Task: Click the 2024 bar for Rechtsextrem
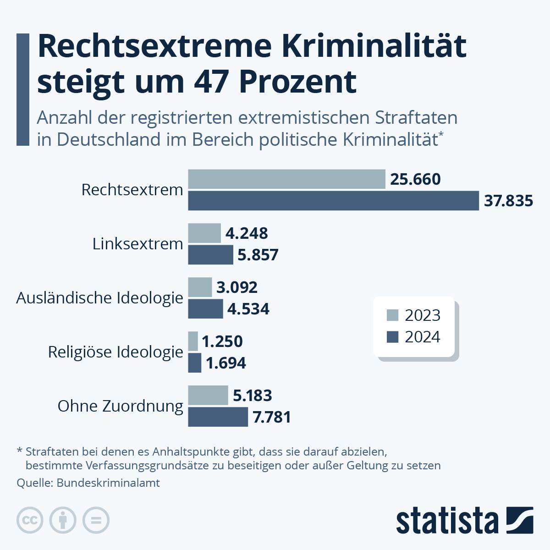click(x=333, y=201)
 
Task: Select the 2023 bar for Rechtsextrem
click(x=286, y=179)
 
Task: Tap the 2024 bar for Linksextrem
click(x=210, y=255)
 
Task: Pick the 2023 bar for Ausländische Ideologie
click(x=200, y=287)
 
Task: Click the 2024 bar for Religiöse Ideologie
click(x=194, y=363)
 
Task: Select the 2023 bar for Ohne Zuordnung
click(x=208, y=396)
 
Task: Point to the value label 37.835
click(x=508, y=201)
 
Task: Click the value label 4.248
click(x=247, y=233)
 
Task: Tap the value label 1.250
click(x=222, y=341)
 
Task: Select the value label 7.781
click(x=272, y=417)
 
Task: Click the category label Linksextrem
click(x=137, y=244)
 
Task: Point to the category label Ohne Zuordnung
click(x=120, y=406)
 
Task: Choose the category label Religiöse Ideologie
click(x=115, y=352)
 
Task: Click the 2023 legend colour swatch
click(x=393, y=315)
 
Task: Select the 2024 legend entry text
click(x=422, y=337)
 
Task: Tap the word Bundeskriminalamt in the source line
click(x=108, y=483)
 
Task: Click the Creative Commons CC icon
click(x=30, y=521)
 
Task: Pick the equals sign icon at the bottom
click(x=96, y=521)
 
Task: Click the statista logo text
click(x=447, y=521)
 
